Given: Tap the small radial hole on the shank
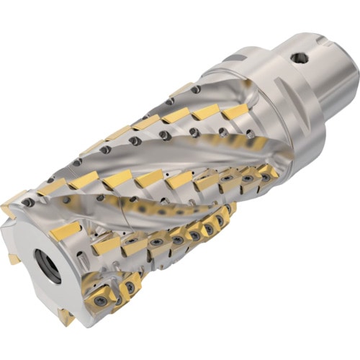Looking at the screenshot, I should click(x=298, y=55).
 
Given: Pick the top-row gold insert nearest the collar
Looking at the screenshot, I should click(x=235, y=112).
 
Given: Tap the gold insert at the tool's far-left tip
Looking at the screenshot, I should click(x=12, y=204).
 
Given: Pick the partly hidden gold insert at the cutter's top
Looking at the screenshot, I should click(x=181, y=89).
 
